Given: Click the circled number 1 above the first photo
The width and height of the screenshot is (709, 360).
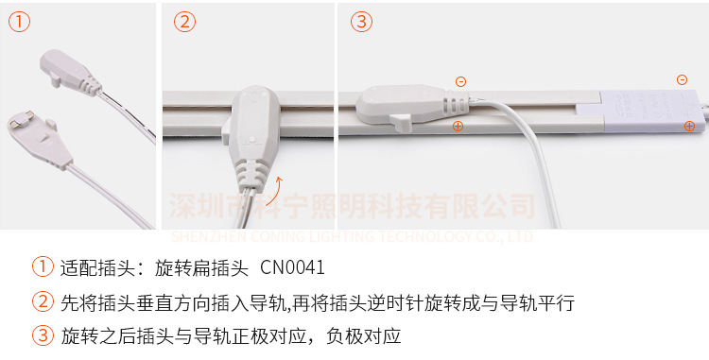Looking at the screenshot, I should (20, 22).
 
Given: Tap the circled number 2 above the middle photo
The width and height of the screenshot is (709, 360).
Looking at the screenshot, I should (185, 22).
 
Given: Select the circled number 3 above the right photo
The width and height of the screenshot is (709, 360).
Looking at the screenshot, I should (362, 22).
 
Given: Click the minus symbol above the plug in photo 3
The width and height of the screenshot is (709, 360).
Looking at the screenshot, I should (460, 82).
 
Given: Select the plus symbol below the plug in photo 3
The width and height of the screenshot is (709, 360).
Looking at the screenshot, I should (458, 126).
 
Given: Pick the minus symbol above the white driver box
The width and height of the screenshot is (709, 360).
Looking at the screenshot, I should (682, 80).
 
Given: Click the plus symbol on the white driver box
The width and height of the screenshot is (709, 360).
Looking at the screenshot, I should (689, 125).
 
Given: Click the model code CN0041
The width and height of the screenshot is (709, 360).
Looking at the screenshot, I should (292, 267).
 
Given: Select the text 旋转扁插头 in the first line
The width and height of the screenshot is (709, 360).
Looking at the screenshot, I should (198, 267).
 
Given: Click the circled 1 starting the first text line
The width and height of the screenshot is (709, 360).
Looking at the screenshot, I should (42, 267).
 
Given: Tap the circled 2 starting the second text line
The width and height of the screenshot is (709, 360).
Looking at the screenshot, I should (42, 302).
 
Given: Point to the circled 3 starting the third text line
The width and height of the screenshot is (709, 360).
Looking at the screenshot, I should (42, 335).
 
